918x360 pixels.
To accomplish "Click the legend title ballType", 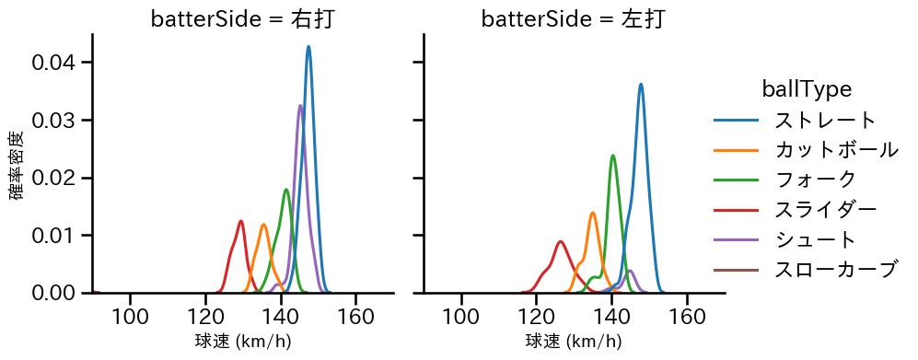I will coord(806,89).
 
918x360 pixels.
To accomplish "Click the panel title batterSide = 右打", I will coord(242,18).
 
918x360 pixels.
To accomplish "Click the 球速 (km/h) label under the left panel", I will coord(242,342).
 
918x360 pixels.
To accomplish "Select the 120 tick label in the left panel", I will coord(205,317).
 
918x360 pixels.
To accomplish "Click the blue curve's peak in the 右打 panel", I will coord(308,47).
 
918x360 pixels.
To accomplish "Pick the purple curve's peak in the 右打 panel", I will coord(300,105).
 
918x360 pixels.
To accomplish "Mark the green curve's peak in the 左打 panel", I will coord(613,155).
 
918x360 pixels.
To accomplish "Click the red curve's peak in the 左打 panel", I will coord(560,241).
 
